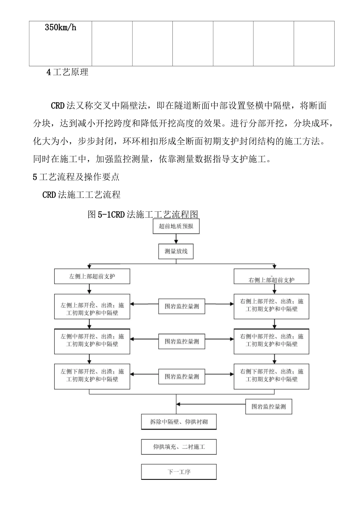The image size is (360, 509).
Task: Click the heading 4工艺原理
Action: point(67,72)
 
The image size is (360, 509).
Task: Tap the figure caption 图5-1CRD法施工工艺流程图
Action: point(143,214)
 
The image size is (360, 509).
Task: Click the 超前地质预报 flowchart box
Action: point(176,226)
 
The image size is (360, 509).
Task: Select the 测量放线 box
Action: point(176,251)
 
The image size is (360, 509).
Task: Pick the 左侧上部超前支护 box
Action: point(92,276)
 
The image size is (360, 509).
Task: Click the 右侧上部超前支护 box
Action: point(271,277)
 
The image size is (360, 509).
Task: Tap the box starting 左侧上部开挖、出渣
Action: point(92,306)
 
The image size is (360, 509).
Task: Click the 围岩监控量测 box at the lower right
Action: point(269,407)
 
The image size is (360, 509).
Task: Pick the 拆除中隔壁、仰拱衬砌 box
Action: point(179,422)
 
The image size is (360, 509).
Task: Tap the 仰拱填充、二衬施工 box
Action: point(179,447)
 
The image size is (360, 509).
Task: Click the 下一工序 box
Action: point(179,472)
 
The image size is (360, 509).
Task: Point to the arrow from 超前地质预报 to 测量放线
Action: point(176,239)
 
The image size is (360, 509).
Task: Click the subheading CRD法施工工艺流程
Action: point(81,195)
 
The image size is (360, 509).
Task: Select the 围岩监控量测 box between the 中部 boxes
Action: point(182,341)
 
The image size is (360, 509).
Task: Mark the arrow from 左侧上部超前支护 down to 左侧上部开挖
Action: point(89,289)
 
